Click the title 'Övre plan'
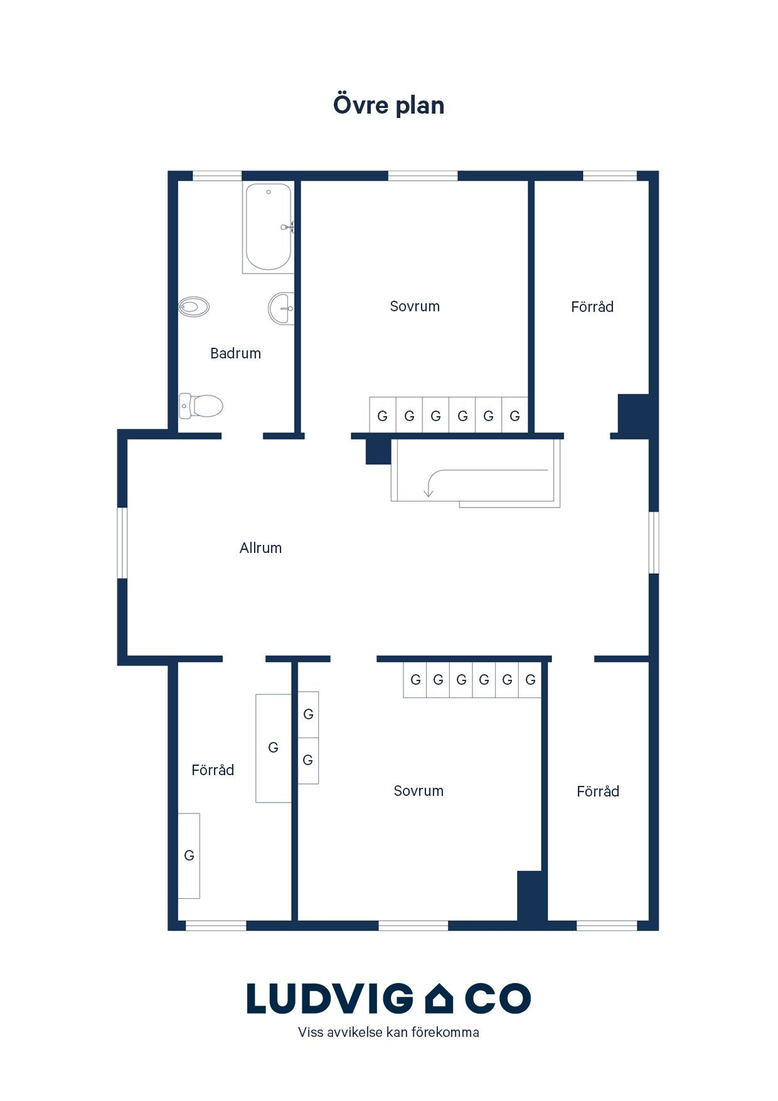click(388, 104)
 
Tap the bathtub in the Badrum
click(269, 227)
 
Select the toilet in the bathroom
click(201, 405)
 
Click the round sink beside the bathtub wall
click(281, 308)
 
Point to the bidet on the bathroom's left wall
click(194, 307)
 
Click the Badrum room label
click(235, 353)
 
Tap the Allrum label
click(260, 548)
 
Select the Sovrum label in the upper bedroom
click(415, 306)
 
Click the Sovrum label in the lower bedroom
click(418, 791)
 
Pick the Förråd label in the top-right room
click(592, 306)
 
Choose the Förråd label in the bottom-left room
click(213, 770)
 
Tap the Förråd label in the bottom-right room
click(598, 791)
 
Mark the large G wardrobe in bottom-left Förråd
click(274, 748)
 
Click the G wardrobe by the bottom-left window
click(189, 856)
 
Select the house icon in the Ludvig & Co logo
click(439, 998)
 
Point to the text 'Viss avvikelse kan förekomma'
click(388, 1032)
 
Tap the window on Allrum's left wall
click(123, 543)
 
